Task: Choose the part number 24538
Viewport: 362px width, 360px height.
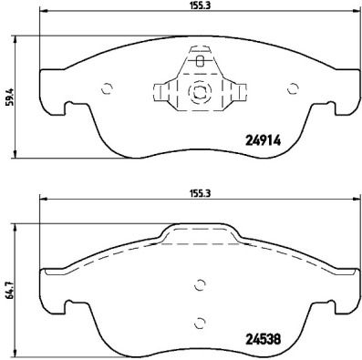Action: [264, 334]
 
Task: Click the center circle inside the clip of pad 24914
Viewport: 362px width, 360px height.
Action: [199, 92]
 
